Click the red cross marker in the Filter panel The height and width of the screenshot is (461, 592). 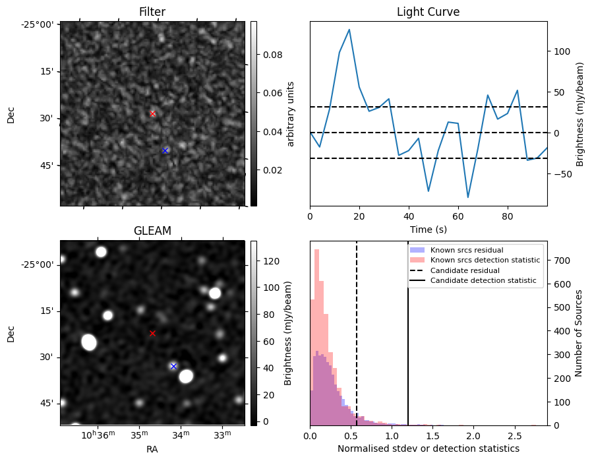pos(152,113)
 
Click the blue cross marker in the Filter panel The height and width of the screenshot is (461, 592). pos(165,150)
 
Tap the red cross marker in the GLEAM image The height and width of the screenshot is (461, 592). pos(152,333)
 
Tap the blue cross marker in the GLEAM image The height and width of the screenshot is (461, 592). pos(173,366)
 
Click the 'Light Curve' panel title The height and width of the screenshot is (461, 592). pos(428,12)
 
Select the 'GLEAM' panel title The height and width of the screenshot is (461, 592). pos(152,231)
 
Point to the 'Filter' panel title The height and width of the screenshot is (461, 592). pos(152,12)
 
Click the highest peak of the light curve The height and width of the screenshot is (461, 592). pos(349,30)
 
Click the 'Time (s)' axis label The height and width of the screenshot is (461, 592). pos(428,230)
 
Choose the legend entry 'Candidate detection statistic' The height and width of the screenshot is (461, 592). pos(485,281)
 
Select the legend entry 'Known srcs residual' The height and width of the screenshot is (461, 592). pos(467,250)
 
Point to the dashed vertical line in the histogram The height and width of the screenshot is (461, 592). pos(357,343)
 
